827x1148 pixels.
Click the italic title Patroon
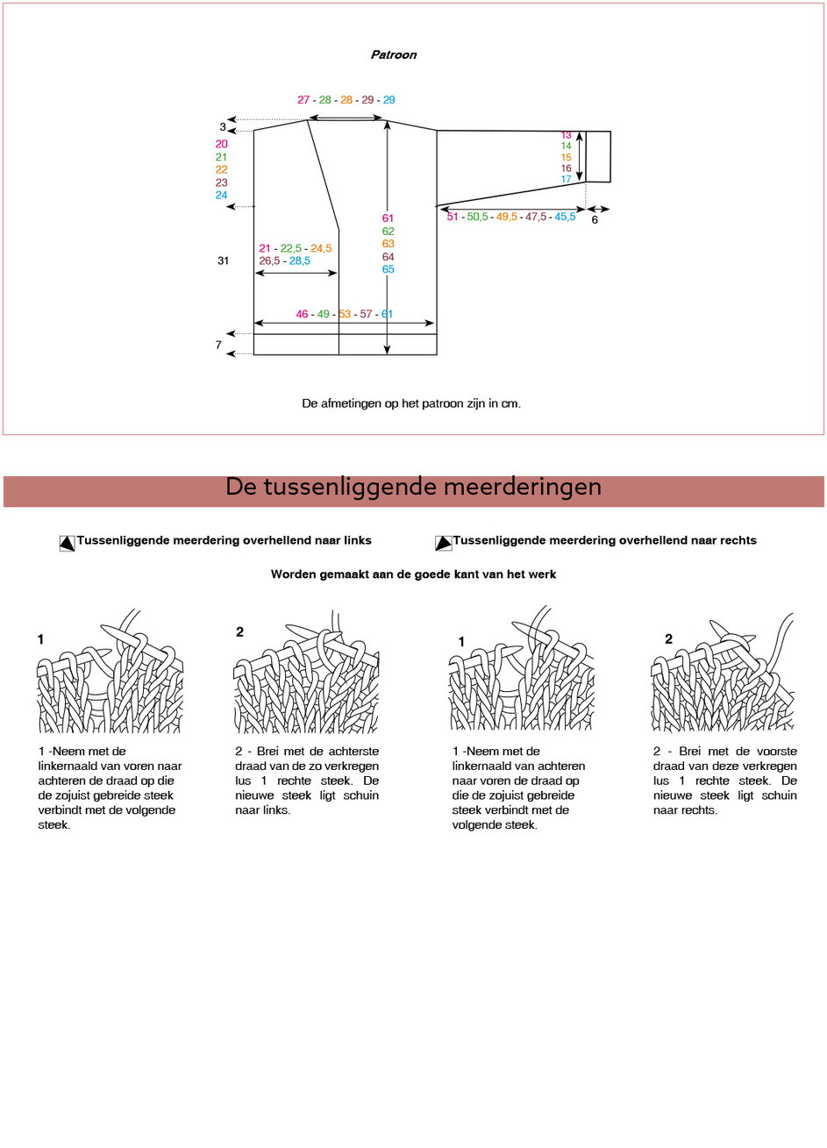coord(393,54)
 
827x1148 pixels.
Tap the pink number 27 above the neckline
coord(303,100)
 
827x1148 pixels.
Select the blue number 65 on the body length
coord(388,269)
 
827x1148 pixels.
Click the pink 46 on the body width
coord(302,314)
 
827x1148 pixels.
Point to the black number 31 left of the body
coord(223,260)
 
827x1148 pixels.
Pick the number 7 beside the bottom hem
coord(218,345)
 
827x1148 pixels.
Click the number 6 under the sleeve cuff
coord(595,219)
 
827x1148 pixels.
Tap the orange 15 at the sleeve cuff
coord(566,158)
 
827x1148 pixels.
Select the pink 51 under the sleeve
coord(453,217)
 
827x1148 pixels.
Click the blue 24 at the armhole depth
coord(221,196)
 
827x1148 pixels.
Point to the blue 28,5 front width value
coord(299,260)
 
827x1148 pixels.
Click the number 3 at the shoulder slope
coord(223,127)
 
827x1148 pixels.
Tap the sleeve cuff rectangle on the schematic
coord(598,157)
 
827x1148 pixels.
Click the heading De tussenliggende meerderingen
coord(413,487)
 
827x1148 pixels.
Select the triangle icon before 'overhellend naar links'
coord(67,543)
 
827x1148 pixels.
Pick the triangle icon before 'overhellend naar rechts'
coord(443,543)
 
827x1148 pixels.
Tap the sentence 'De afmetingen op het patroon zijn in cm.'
coord(411,403)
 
